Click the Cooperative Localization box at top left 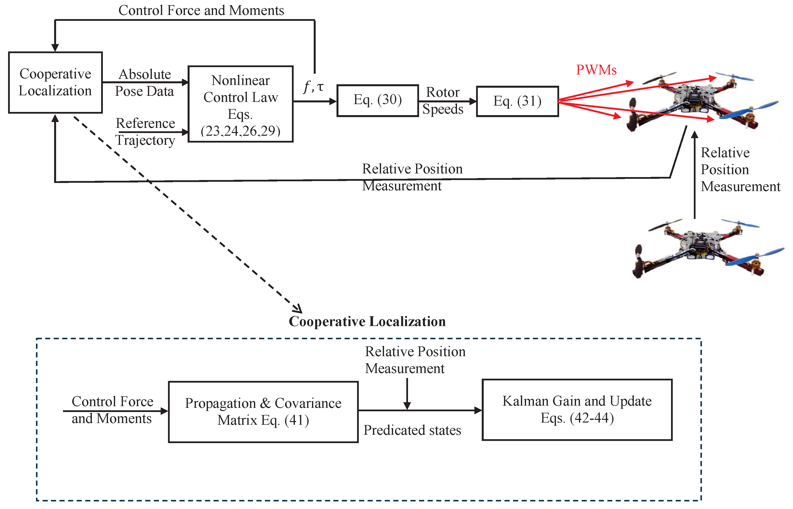click(x=55, y=82)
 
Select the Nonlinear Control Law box click(x=240, y=104)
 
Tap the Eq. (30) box click(x=377, y=100)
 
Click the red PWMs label click(x=596, y=70)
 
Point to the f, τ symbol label click(x=313, y=87)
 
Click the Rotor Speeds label click(x=443, y=100)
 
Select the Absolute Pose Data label click(x=144, y=83)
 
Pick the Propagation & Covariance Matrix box click(x=263, y=412)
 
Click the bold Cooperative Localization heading click(x=367, y=322)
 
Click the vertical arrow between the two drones click(x=695, y=175)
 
